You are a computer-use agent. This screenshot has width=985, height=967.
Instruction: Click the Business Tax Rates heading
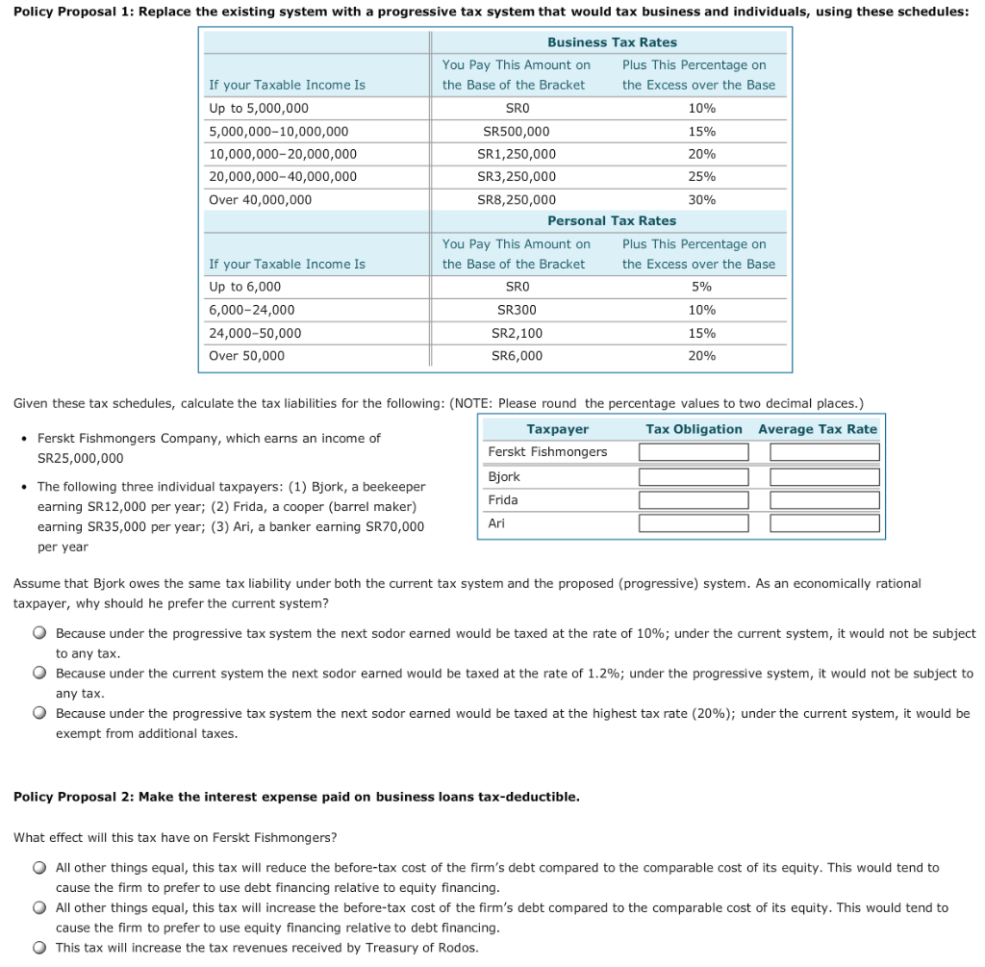[x=612, y=42]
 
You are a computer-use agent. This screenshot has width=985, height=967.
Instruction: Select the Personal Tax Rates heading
[x=612, y=221]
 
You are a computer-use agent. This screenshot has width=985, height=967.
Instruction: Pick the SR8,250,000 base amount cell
[x=517, y=200]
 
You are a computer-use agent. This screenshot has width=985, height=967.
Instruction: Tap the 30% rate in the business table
[x=702, y=200]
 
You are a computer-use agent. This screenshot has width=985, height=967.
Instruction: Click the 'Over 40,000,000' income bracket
[x=261, y=200]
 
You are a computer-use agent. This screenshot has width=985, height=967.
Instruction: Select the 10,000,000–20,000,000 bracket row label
[x=283, y=154]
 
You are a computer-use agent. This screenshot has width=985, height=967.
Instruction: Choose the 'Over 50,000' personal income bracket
[x=247, y=356]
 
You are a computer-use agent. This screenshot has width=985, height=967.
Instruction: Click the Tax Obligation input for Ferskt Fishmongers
[x=694, y=452]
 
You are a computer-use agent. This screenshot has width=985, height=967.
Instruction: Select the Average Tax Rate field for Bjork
[x=824, y=477]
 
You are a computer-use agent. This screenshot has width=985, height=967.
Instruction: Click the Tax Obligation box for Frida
[x=694, y=500]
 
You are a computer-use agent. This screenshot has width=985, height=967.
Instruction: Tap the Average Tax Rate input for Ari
[x=824, y=523]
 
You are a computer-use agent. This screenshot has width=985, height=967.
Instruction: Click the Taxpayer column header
[x=558, y=429]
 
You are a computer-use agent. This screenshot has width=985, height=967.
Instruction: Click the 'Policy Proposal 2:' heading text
[x=74, y=797]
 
